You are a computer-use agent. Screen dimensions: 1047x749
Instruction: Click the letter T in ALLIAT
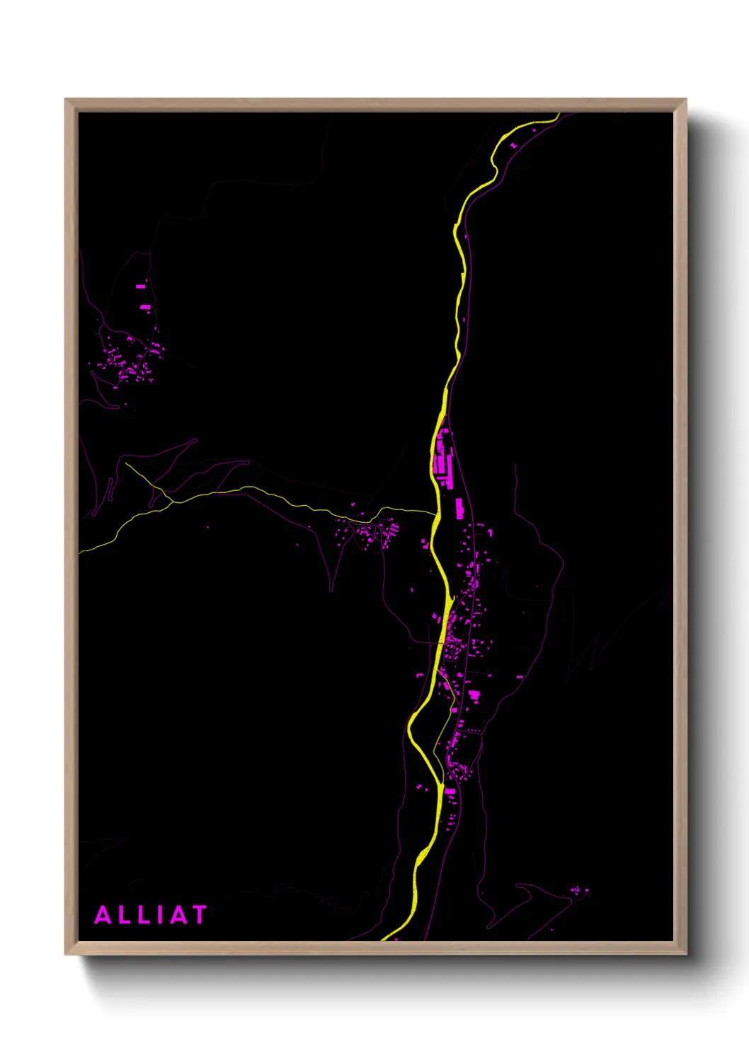pos(196,915)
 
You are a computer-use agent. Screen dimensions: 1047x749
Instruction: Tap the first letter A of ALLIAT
pos(103,915)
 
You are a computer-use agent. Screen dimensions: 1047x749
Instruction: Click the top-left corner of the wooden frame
pos(66,100)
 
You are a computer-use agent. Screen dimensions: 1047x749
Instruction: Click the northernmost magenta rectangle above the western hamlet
pos(141,287)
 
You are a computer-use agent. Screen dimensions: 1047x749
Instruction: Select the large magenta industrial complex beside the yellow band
pos(444,460)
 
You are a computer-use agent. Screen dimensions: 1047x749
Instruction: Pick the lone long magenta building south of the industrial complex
pos(459,507)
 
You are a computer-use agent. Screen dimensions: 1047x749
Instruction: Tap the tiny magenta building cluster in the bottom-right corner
pos(580,891)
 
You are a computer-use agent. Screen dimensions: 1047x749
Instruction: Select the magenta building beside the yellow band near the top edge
pos(513,145)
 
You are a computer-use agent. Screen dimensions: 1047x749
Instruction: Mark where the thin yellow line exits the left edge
pos(80,551)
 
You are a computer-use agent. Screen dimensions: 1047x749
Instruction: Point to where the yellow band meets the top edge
pos(558,114)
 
